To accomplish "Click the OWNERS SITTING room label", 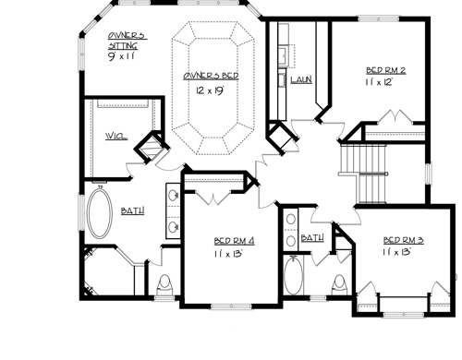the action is (127, 41).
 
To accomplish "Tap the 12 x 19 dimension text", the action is (209, 90).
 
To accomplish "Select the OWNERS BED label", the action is (211, 76).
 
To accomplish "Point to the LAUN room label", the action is (301, 80).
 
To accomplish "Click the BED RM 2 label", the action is (385, 70).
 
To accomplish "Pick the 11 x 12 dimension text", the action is (380, 82).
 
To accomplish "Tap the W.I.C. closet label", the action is (116, 137).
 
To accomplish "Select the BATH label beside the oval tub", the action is (132, 211).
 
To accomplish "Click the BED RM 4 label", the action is (234, 241).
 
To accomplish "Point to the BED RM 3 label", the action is (403, 240).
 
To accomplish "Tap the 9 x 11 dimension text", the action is (121, 56).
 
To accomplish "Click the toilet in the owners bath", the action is (164, 286).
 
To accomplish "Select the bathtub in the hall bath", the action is (293, 275).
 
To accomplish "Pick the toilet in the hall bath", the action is (339, 285).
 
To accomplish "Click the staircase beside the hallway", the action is (363, 174).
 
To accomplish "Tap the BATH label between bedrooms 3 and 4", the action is (312, 238).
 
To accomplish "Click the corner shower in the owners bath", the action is (108, 270).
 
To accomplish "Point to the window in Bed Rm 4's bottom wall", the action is (231, 306).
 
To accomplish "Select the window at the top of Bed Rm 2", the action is (379, 19).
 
